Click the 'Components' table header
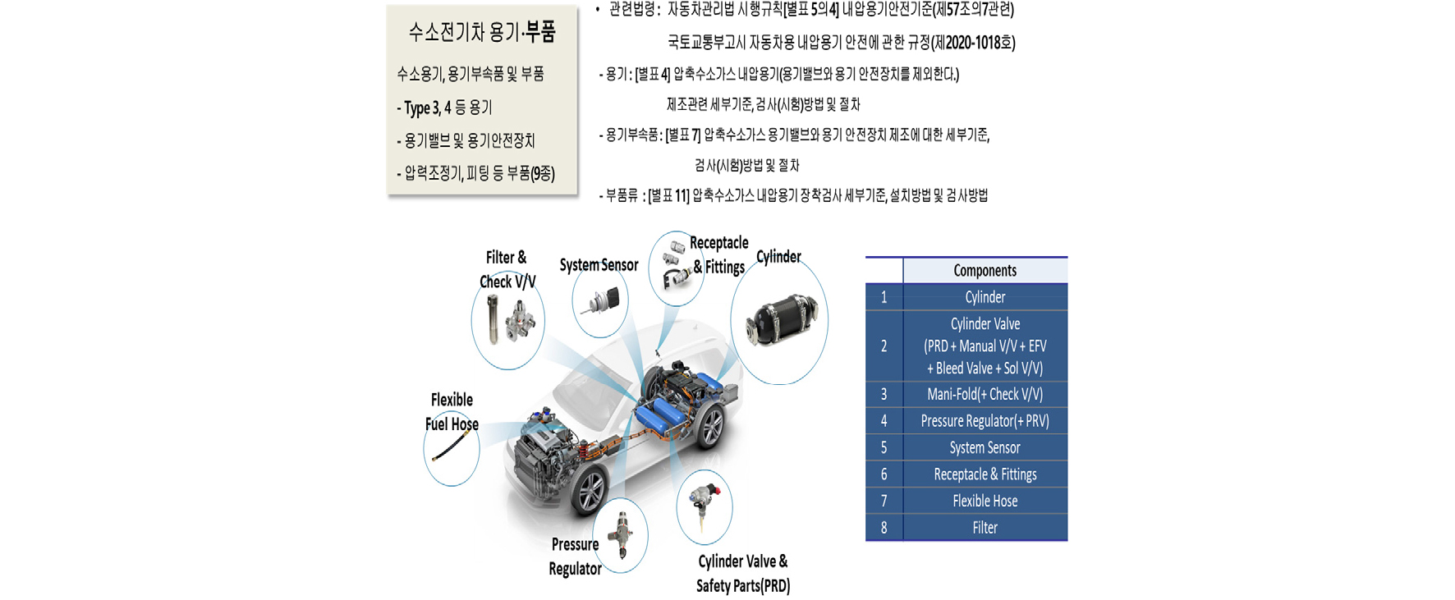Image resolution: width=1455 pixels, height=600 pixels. click(985, 271)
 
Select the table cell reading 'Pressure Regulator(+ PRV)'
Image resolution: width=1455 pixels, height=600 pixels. click(985, 421)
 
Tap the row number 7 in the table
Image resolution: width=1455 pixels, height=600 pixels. click(884, 501)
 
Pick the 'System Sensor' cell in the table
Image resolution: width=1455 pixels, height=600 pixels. click(985, 447)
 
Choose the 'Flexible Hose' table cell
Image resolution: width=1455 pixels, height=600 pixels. click(985, 501)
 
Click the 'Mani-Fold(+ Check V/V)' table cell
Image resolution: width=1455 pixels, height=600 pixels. click(985, 394)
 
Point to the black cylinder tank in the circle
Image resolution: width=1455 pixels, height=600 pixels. click(781, 321)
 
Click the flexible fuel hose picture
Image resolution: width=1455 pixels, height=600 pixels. click(450, 447)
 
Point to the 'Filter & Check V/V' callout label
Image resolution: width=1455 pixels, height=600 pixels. click(507, 270)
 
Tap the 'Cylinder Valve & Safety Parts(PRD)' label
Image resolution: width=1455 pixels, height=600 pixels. click(742, 574)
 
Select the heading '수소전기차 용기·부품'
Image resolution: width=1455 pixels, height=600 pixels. click(482, 32)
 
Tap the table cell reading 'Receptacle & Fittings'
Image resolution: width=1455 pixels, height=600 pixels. click(985, 474)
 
